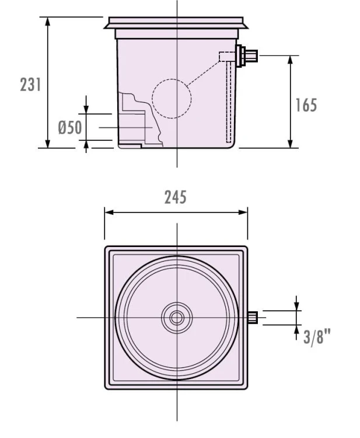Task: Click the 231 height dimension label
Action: [30, 85]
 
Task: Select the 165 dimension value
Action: [306, 105]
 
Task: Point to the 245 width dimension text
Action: [175, 197]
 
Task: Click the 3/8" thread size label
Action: [317, 337]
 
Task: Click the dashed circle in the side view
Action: [172, 99]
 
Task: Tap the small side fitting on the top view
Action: [253, 318]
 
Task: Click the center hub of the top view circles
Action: [177, 318]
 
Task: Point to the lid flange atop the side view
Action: [177, 23]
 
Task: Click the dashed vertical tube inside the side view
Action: [229, 102]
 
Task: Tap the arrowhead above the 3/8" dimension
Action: [296, 305]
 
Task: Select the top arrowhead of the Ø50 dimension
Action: [86, 109]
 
